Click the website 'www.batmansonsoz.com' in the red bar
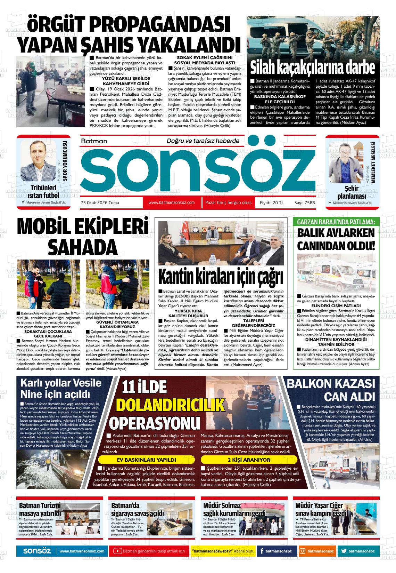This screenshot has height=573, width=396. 171,202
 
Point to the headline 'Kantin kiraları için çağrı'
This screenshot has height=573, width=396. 221,277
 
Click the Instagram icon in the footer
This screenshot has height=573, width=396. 303,551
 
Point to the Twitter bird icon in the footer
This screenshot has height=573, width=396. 344,551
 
